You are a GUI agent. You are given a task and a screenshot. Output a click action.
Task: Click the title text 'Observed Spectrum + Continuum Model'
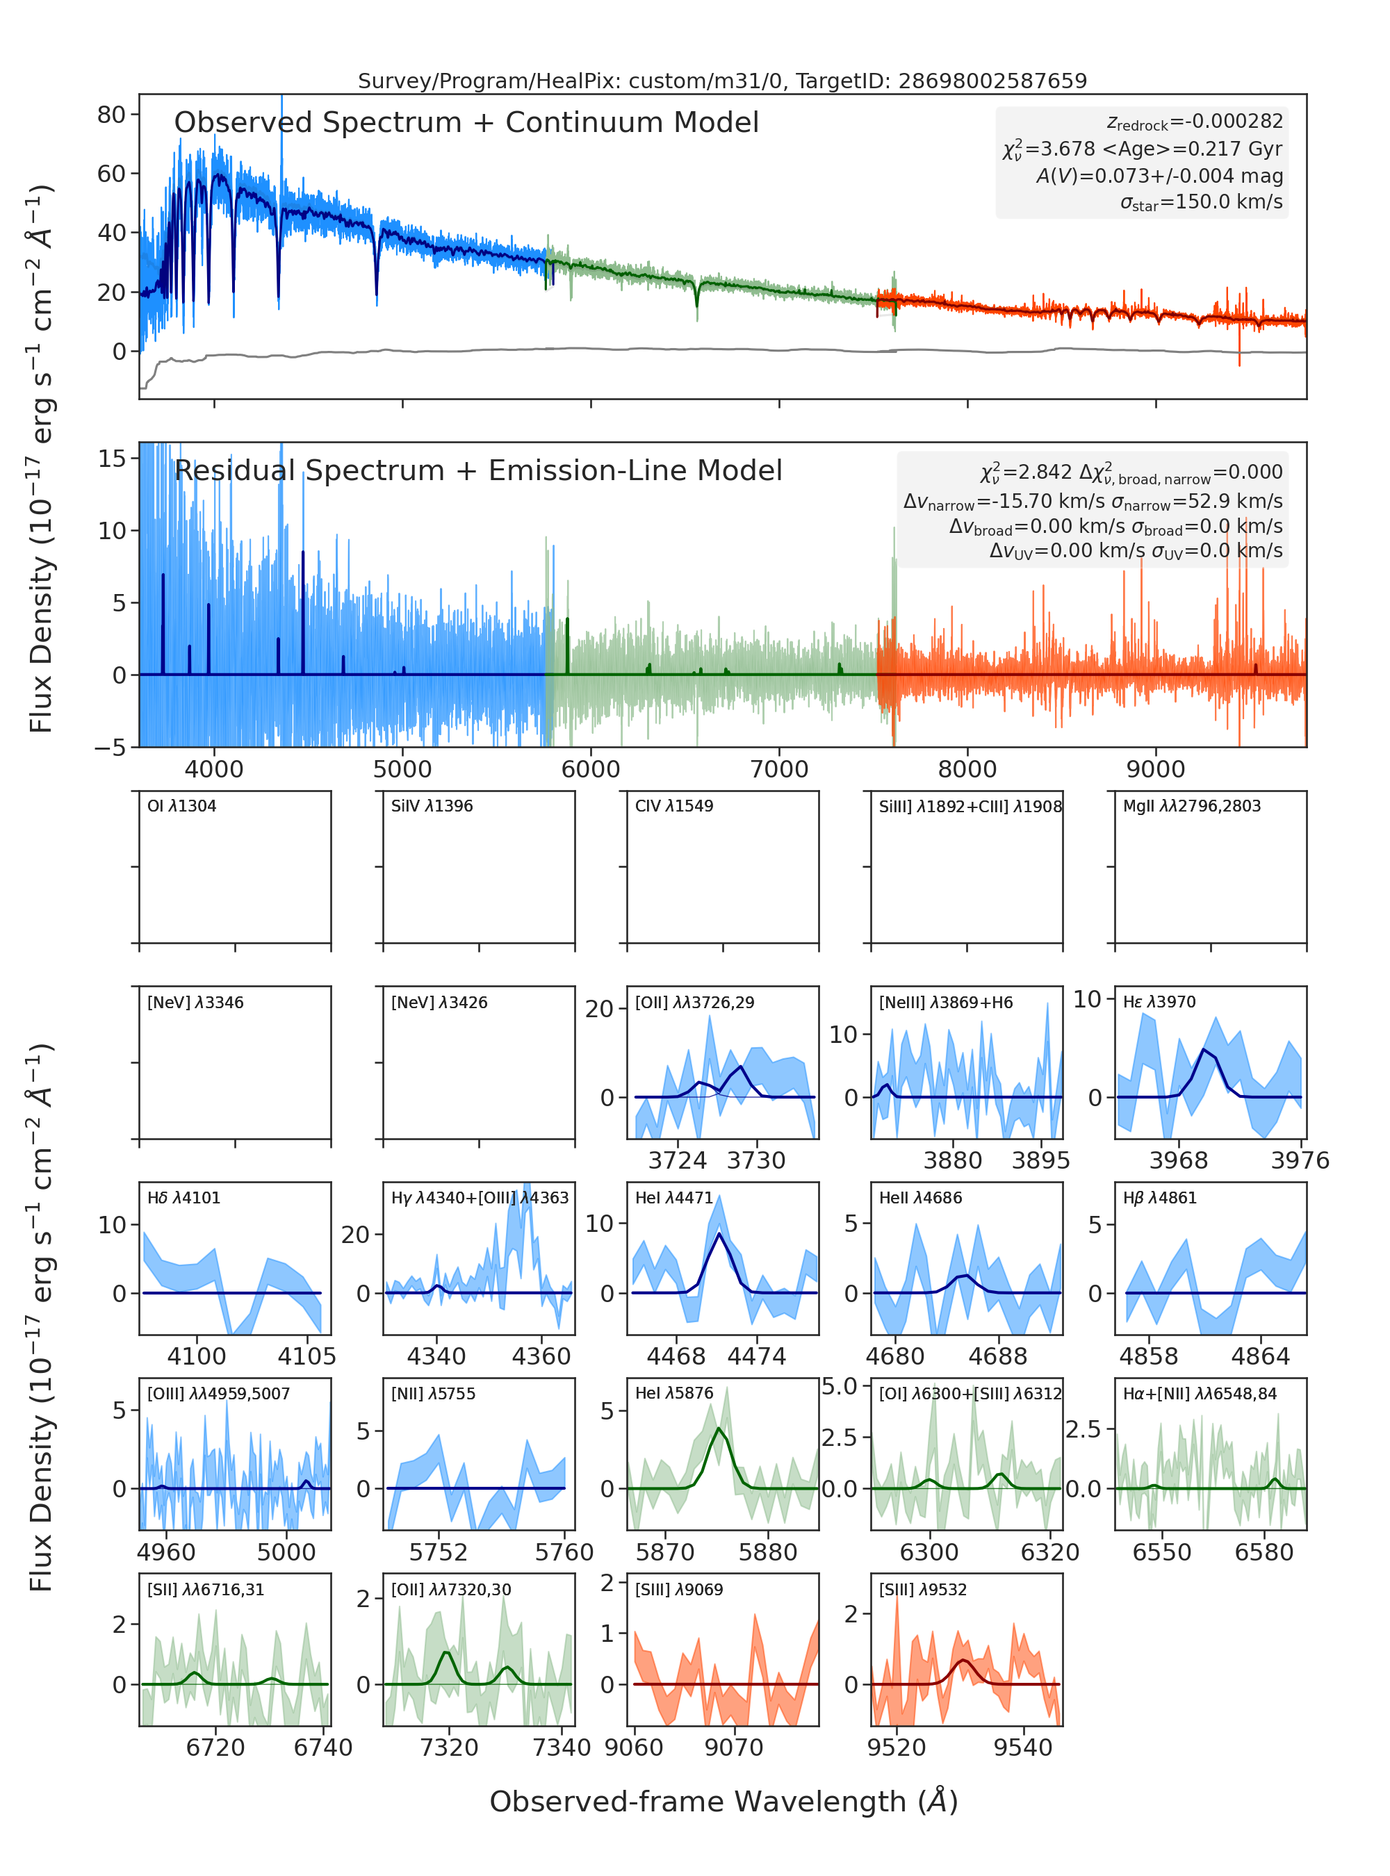(466, 123)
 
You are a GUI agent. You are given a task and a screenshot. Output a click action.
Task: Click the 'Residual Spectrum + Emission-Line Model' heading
(478, 470)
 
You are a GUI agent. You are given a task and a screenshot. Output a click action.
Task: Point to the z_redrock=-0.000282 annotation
(1195, 122)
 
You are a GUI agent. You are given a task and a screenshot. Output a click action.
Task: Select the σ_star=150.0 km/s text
(1202, 202)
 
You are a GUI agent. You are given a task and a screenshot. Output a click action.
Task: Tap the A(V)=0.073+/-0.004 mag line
(1159, 176)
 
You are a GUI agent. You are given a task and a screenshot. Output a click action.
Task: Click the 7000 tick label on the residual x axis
(779, 769)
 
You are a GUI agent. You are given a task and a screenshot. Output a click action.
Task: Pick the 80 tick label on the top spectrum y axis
(111, 115)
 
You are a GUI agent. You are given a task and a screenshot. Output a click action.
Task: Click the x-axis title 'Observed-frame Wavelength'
(723, 1801)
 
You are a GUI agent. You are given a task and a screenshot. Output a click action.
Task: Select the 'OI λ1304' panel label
(182, 806)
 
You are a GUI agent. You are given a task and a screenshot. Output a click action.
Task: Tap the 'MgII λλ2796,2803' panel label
(1192, 806)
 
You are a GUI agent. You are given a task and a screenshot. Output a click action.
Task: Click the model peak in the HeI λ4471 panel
(719, 1233)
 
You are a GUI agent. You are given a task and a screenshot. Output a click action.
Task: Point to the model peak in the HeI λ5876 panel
(718, 1429)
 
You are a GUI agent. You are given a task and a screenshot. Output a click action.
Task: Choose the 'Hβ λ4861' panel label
(1159, 1198)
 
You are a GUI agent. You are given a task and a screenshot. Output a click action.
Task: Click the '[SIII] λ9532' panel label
(923, 1589)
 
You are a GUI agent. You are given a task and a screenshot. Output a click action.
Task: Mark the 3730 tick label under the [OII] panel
(756, 1161)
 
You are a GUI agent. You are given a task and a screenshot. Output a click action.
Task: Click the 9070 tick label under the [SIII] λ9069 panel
(734, 1747)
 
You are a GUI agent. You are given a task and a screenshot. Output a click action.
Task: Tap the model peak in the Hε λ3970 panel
(1205, 1050)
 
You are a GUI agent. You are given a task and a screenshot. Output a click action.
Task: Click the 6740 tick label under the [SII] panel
(323, 1747)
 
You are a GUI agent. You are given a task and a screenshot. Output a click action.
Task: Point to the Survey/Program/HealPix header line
(723, 81)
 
